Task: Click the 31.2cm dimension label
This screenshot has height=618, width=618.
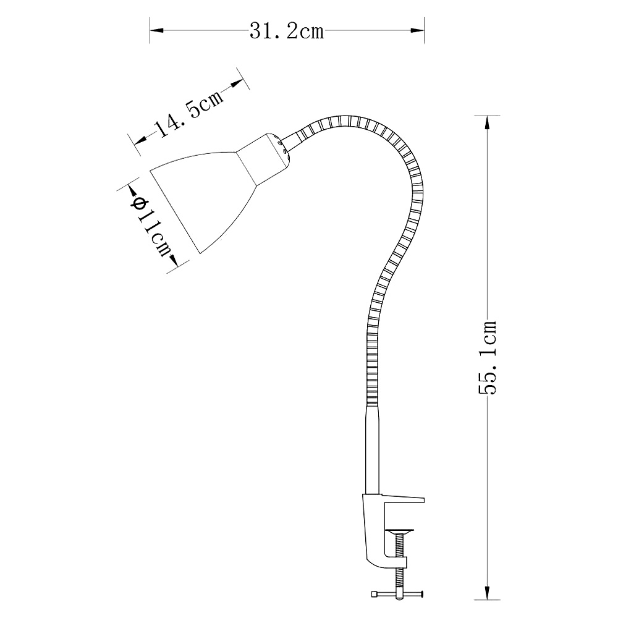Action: pyautogui.click(x=287, y=31)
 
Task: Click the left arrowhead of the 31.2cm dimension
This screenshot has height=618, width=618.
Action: pyautogui.click(x=156, y=30)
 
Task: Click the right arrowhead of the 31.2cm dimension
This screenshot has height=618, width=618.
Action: pyautogui.click(x=417, y=30)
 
